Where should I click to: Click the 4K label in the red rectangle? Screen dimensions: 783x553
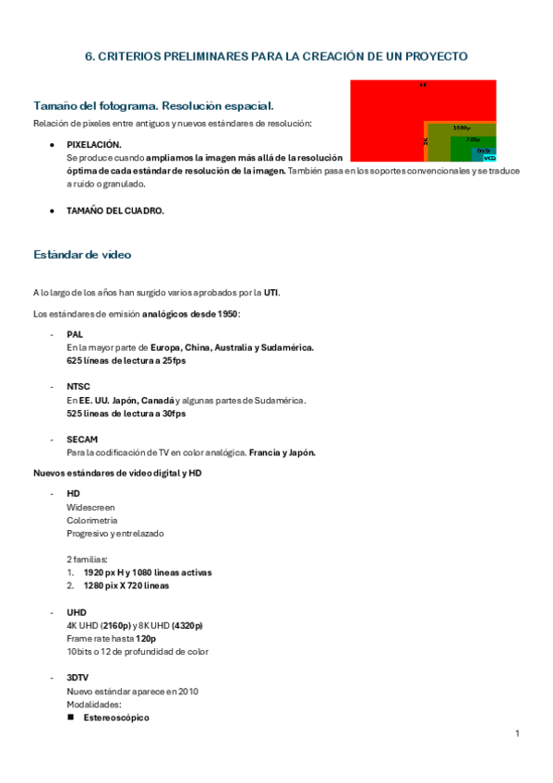click(423, 85)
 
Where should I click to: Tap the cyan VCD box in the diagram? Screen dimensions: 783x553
click(489, 158)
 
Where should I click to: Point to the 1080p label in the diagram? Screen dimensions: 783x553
click(462, 127)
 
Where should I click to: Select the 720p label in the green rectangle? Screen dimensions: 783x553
click(473, 139)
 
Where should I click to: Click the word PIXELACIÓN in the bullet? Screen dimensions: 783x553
click(93, 145)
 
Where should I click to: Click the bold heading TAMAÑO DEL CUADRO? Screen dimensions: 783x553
click(115, 211)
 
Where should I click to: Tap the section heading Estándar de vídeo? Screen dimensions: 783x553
click(88, 254)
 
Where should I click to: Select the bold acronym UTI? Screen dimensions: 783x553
click(270, 293)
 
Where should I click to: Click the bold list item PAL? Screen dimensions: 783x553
click(74, 334)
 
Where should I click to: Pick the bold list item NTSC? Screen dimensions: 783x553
click(78, 387)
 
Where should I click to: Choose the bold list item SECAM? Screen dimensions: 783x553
click(82, 440)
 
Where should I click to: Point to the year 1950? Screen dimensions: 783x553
click(225, 314)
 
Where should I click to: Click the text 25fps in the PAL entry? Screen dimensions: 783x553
click(172, 360)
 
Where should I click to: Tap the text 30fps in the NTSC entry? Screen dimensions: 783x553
click(172, 414)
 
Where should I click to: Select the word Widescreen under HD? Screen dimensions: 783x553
click(90, 507)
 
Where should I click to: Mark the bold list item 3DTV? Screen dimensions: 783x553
click(78, 678)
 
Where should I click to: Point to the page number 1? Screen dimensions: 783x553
click(518, 733)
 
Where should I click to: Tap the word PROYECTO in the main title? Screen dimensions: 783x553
click(434, 56)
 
